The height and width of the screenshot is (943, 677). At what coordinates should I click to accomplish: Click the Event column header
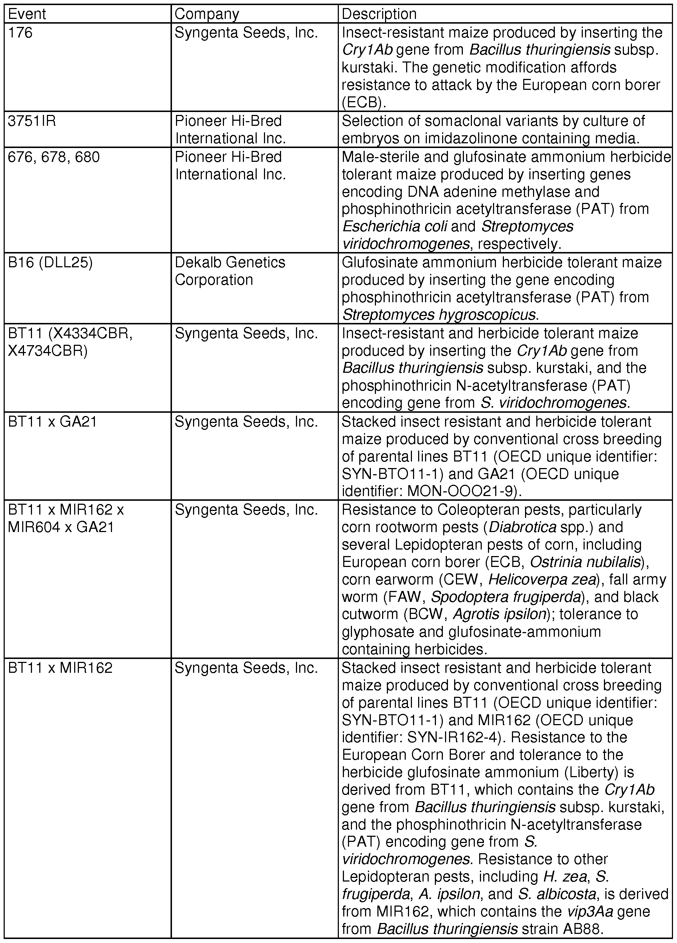(x=27, y=14)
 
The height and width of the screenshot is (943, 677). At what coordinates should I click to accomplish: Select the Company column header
(x=207, y=14)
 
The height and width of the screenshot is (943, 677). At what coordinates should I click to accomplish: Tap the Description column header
(x=378, y=14)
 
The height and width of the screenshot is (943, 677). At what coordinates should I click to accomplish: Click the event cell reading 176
(x=20, y=32)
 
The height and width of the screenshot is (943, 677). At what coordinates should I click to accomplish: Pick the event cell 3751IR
(x=32, y=121)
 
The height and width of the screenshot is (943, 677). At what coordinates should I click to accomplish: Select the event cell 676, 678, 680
(x=54, y=157)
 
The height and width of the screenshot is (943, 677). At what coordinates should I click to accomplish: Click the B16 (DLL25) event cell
(x=50, y=262)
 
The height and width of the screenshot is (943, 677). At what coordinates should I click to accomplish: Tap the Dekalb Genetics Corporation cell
(x=230, y=271)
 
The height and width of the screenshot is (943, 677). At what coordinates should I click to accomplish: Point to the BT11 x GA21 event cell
(x=52, y=421)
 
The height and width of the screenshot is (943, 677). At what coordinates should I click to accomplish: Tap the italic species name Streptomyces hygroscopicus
(x=439, y=315)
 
